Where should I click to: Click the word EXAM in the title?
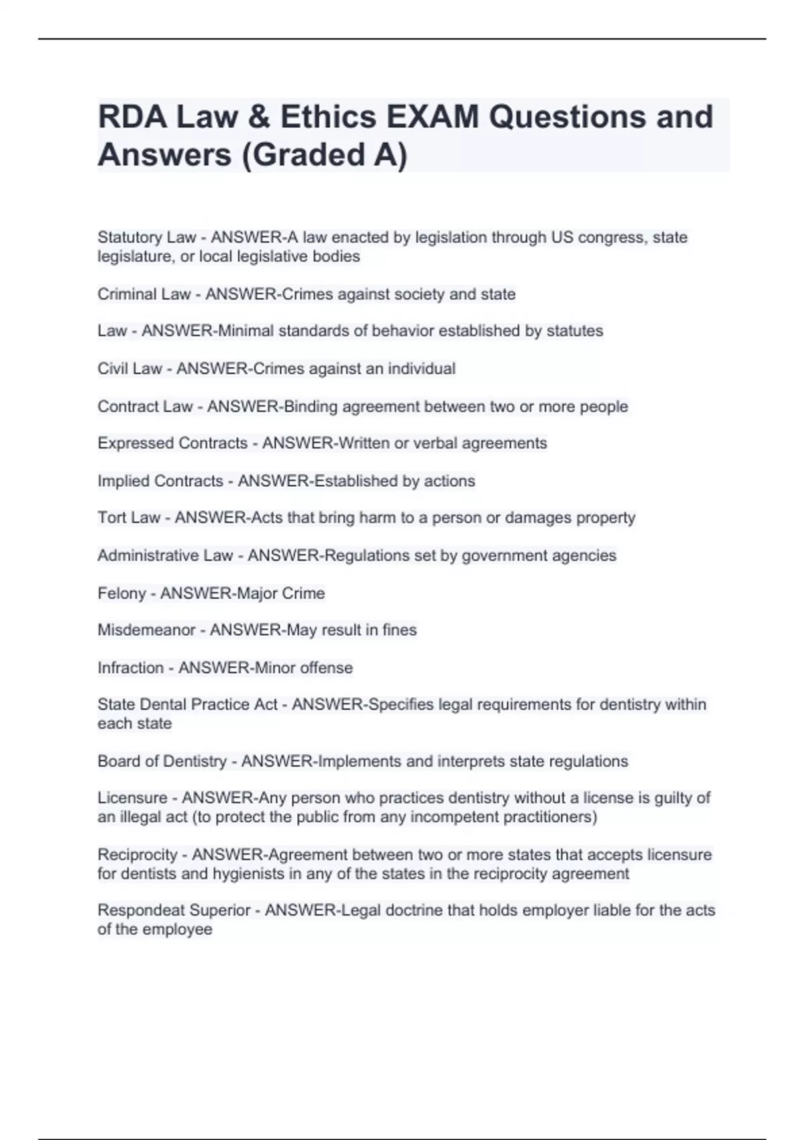point(433,117)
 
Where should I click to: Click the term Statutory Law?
point(147,237)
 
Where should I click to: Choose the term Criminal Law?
point(144,294)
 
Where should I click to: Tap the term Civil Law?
point(129,369)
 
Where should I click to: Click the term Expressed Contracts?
point(172,443)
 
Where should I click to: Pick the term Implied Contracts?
point(160,481)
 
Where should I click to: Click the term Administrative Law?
point(165,555)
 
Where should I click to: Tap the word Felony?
point(121,593)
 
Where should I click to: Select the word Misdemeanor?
point(146,630)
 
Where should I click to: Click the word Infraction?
point(130,668)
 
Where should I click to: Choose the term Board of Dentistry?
point(162,762)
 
